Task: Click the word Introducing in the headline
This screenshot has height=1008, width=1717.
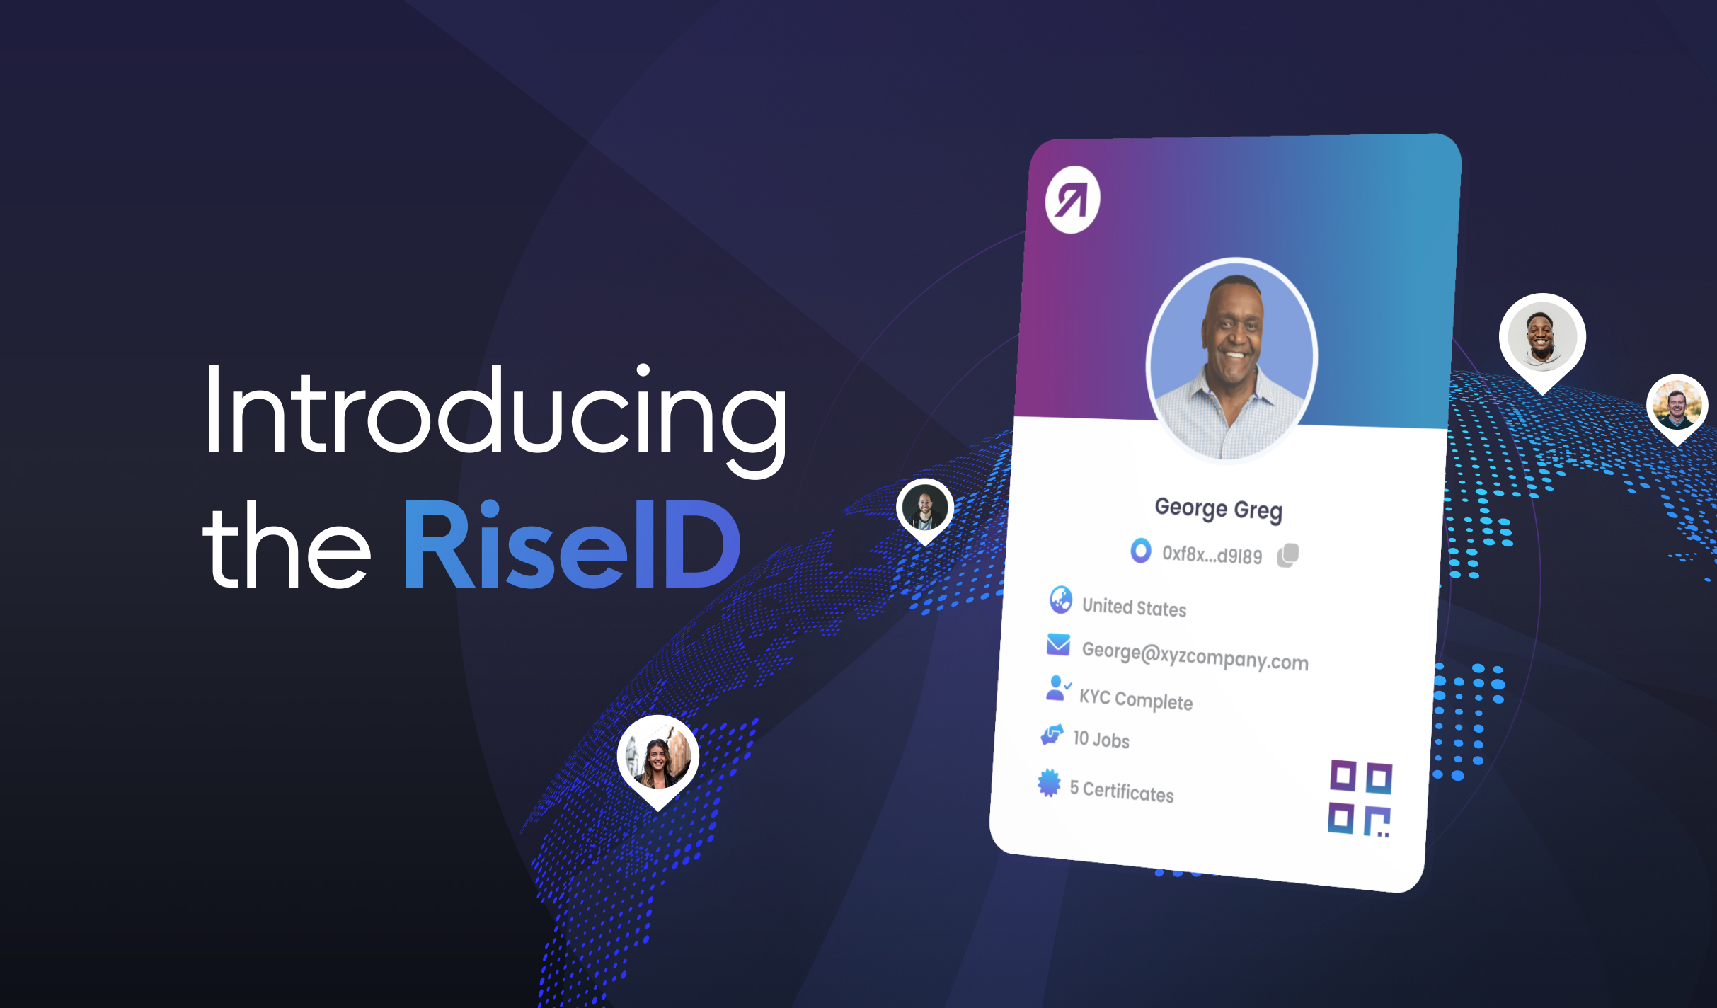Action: (x=495, y=411)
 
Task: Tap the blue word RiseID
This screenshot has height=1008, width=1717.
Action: (x=572, y=545)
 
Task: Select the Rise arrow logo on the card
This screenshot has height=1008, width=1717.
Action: (x=1072, y=200)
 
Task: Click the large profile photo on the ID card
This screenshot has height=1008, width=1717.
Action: (x=1231, y=358)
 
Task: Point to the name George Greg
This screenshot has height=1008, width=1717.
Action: (x=1218, y=509)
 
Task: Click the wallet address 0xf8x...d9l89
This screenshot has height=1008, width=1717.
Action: (x=1212, y=554)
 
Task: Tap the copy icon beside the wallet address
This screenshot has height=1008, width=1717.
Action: (x=1288, y=555)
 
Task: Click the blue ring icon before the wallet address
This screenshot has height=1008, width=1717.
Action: (x=1140, y=550)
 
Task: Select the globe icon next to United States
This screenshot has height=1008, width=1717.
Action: (x=1060, y=600)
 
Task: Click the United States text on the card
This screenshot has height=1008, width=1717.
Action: (x=1134, y=607)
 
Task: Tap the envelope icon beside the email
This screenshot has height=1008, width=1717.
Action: (x=1058, y=644)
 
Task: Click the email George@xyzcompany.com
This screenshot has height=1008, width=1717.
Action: (x=1195, y=655)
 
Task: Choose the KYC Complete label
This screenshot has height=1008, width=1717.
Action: (x=1135, y=699)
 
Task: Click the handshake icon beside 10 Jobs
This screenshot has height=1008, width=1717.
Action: (x=1052, y=735)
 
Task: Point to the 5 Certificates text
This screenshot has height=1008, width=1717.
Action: (x=1121, y=791)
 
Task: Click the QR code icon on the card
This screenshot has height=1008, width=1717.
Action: (x=1360, y=798)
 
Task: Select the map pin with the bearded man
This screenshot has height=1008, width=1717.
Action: (x=925, y=509)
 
